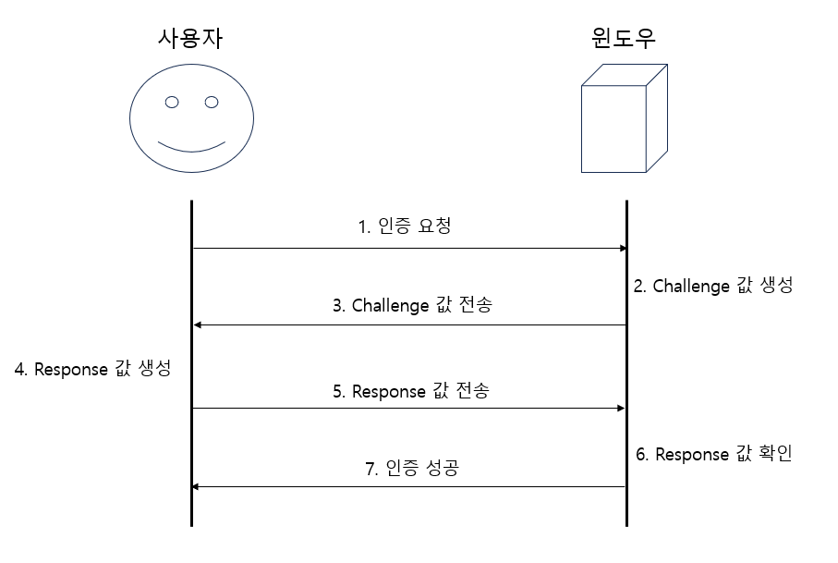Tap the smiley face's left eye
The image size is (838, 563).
pos(171,102)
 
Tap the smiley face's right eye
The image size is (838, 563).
pos(212,102)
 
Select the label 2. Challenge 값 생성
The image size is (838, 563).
pos(712,286)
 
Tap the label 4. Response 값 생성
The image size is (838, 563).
pos(92,369)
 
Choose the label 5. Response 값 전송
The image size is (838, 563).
pos(410,391)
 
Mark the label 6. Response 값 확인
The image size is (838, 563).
pos(713,455)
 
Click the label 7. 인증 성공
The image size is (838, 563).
pos(411,469)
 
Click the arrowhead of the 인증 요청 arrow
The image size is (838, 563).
pos(623,248)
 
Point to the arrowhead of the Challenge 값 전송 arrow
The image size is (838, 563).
pos(197,325)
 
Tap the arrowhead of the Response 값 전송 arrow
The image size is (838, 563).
pos(623,409)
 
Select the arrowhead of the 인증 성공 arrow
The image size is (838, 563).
pos(197,487)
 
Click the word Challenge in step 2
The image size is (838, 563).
pos(691,286)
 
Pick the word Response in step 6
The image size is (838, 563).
pos(693,455)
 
